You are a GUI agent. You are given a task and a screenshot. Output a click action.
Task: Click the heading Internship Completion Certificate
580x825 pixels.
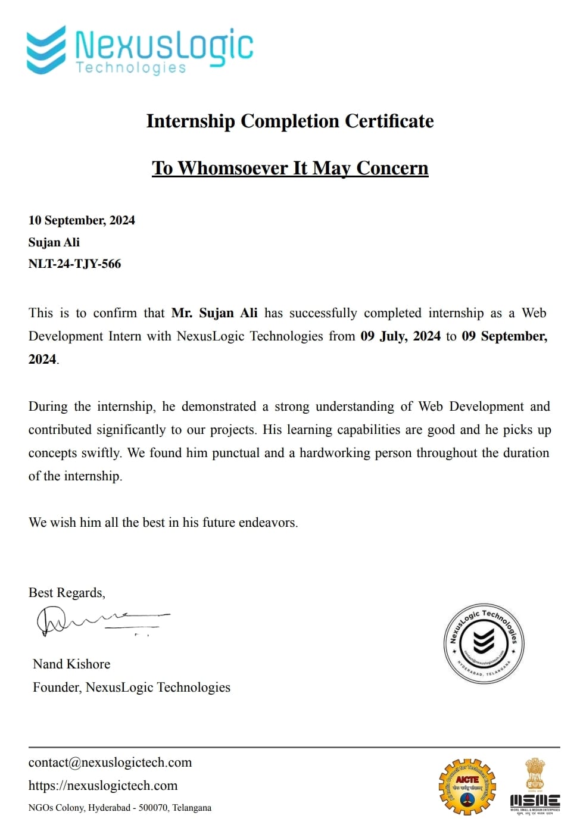tap(290, 121)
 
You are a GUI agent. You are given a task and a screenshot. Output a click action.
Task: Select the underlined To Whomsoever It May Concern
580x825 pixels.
tap(290, 168)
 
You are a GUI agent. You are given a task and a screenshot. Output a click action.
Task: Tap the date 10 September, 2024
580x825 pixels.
tap(82, 220)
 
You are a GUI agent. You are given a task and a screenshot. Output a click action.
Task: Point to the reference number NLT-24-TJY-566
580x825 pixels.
tap(74, 264)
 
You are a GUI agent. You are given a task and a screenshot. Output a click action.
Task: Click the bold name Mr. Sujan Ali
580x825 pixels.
tap(214, 313)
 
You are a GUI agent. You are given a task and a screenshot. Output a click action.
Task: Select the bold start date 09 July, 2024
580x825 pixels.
tap(400, 336)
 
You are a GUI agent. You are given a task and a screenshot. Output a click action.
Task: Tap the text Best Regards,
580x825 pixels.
tap(67, 593)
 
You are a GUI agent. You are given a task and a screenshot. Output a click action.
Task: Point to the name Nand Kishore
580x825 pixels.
tap(71, 664)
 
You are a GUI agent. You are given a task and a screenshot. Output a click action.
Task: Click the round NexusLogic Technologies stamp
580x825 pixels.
tap(484, 643)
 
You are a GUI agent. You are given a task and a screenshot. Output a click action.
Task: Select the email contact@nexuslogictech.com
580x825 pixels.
tap(110, 762)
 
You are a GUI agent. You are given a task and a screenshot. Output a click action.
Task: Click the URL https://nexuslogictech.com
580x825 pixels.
tap(103, 786)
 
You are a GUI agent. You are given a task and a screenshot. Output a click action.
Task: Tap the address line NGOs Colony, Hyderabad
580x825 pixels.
tap(119, 808)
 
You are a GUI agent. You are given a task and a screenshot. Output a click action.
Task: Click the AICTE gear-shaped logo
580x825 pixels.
tap(467, 786)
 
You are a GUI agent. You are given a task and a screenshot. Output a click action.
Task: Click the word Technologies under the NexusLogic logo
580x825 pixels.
tap(131, 68)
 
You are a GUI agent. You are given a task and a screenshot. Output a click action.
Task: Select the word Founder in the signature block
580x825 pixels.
tap(56, 687)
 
